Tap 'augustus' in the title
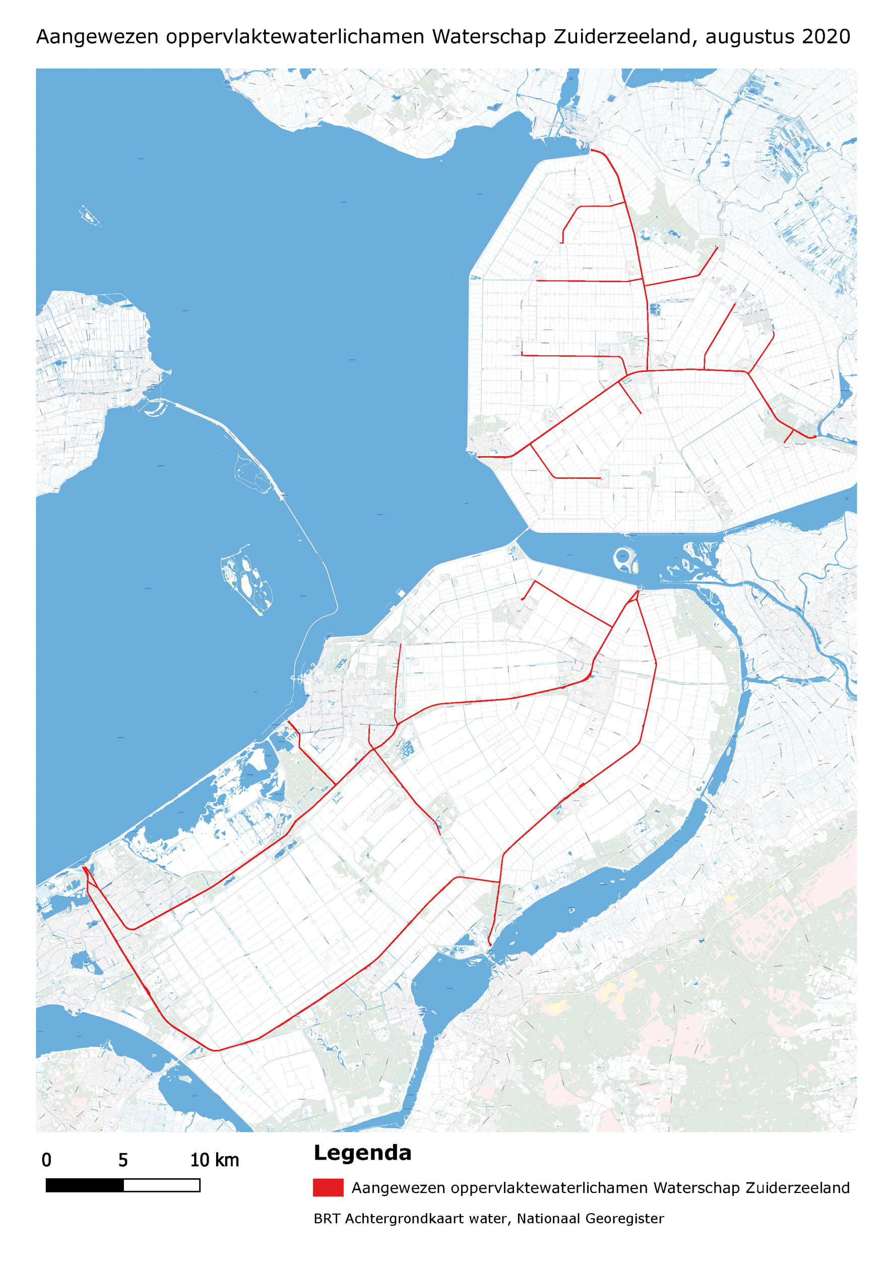(x=750, y=37)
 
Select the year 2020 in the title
(x=826, y=37)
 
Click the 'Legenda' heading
(x=362, y=1152)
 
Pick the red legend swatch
(x=328, y=1187)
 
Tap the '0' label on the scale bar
(x=47, y=1160)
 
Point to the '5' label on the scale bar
(x=123, y=1160)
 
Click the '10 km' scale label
(x=215, y=1160)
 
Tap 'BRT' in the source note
(x=327, y=1218)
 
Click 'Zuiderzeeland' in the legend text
(x=798, y=1188)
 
